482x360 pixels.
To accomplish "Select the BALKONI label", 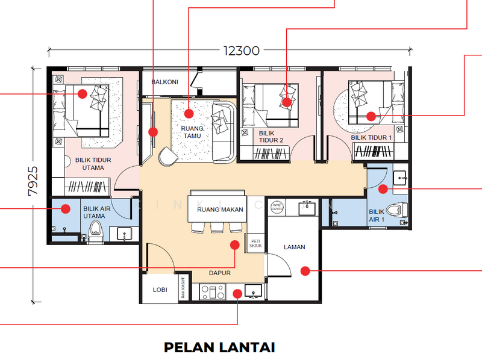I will click(x=164, y=82).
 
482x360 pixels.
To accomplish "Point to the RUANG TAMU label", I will click(x=193, y=132).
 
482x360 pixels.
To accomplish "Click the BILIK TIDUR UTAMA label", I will click(x=94, y=164).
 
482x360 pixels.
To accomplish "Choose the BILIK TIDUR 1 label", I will click(x=372, y=138).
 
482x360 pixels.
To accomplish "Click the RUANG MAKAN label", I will click(x=220, y=209).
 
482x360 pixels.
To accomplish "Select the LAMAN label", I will click(x=295, y=247).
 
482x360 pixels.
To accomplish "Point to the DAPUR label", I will click(x=221, y=273).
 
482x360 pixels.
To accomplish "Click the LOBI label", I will click(x=160, y=290).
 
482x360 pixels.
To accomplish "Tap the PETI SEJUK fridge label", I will click(x=256, y=243).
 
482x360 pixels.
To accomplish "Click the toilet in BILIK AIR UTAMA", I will click(x=95, y=231).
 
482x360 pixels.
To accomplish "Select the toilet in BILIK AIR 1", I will click(x=395, y=213).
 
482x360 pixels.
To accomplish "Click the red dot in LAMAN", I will click(x=305, y=271).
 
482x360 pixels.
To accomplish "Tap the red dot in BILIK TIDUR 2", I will click(x=287, y=102).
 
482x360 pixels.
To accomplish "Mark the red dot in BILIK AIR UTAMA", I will click(x=64, y=209).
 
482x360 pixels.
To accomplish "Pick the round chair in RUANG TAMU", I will click(x=167, y=157).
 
